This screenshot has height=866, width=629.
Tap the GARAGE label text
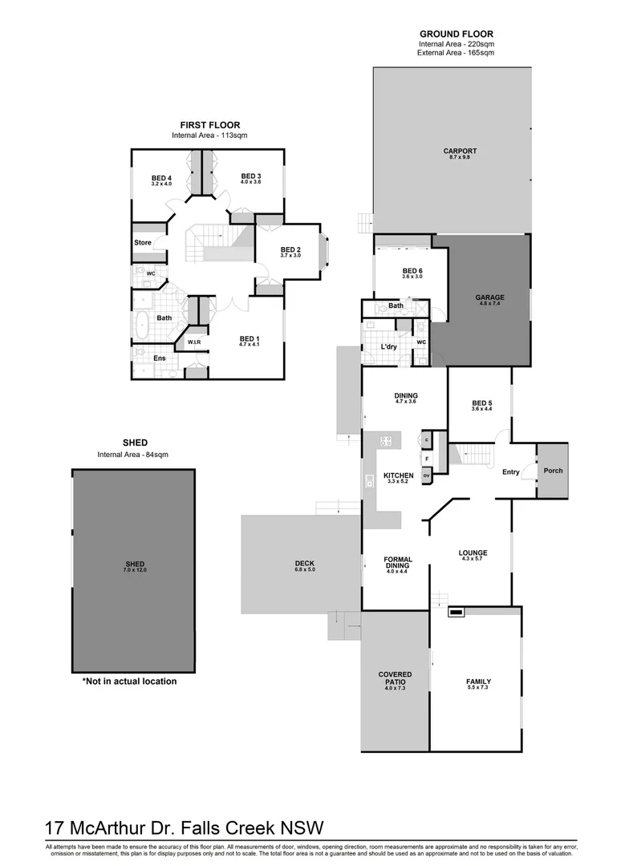[x=491, y=297]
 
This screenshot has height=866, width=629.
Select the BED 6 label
[x=412, y=271]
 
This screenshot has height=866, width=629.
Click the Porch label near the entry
[x=553, y=471]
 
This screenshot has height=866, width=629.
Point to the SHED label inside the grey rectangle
[x=134, y=564]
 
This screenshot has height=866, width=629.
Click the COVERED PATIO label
[x=395, y=678]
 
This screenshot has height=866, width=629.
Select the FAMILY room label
[x=478, y=682]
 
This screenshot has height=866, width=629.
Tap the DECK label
[x=305, y=564]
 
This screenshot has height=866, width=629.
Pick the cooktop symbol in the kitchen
[x=386, y=440]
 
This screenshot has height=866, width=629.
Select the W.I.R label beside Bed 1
[x=194, y=342]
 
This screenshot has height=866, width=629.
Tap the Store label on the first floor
[x=143, y=242]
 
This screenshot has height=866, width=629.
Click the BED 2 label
[x=290, y=249]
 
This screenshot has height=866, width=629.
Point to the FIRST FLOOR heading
[x=209, y=125]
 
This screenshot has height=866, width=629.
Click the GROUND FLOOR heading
[x=456, y=34]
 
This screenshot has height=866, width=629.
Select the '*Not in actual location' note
[x=129, y=682]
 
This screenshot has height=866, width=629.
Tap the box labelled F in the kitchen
[x=427, y=458]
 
